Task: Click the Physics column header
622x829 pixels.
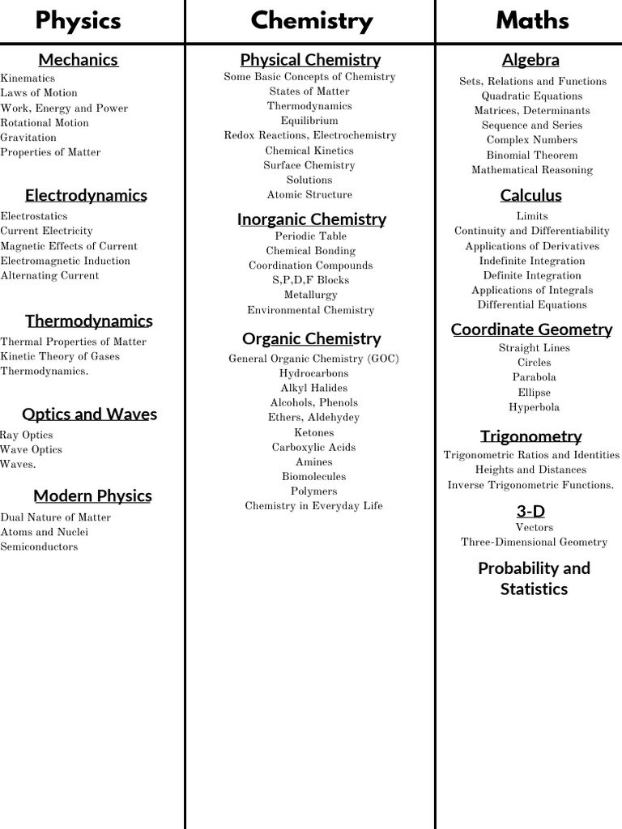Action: coord(78,20)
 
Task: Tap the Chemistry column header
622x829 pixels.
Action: coord(311,20)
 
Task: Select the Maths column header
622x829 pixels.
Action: coord(532,20)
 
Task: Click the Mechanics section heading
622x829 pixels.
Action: coord(78,60)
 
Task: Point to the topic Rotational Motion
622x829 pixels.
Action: coord(45,123)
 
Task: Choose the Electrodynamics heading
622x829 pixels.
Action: coord(86,195)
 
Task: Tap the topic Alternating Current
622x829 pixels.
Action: coord(49,275)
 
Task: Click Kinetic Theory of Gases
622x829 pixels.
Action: coord(60,356)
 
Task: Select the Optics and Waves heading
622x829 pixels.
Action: coord(89,414)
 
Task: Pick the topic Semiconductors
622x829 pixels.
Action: coord(39,546)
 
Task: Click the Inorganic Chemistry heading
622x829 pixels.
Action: coord(311,219)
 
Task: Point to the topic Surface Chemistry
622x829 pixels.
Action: coord(309,165)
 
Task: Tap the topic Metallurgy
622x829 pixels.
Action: coord(310,295)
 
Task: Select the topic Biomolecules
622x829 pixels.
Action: coord(313,476)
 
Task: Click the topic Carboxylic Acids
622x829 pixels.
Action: coord(313,447)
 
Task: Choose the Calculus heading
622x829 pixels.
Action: coord(530,195)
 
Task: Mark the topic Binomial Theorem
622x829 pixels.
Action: coord(532,155)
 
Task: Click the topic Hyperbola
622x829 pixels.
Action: coord(534,407)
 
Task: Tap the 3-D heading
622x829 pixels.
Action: coord(530,511)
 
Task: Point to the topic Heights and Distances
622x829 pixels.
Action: coord(530,470)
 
